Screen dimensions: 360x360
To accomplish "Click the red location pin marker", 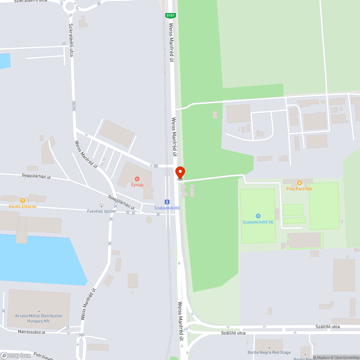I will [x=180, y=172].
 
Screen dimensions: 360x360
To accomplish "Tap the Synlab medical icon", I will [x=137, y=179].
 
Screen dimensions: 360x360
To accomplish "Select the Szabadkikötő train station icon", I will [x=167, y=202].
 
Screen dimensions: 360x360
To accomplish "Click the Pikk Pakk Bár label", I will [x=299, y=189].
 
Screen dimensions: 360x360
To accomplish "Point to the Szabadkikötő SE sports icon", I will [x=258, y=216].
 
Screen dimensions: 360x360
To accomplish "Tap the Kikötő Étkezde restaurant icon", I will [x=22, y=200].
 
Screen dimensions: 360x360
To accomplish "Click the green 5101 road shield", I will [x=170, y=15].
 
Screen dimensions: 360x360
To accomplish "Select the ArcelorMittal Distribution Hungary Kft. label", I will [x=39, y=318].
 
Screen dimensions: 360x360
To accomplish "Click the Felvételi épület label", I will [x=102, y=211].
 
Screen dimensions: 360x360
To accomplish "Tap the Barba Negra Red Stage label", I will [x=269, y=352].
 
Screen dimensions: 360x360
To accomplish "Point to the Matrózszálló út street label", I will [x=32, y=332].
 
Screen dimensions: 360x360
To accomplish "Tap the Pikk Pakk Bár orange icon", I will [x=299, y=183].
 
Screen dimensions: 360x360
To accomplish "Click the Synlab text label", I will [x=137, y=185].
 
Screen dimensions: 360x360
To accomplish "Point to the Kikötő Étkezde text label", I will [x=23, y=206].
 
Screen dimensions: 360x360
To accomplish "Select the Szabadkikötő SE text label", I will [x=258, y=222].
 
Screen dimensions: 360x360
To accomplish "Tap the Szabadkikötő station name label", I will [x=167, y=208].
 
